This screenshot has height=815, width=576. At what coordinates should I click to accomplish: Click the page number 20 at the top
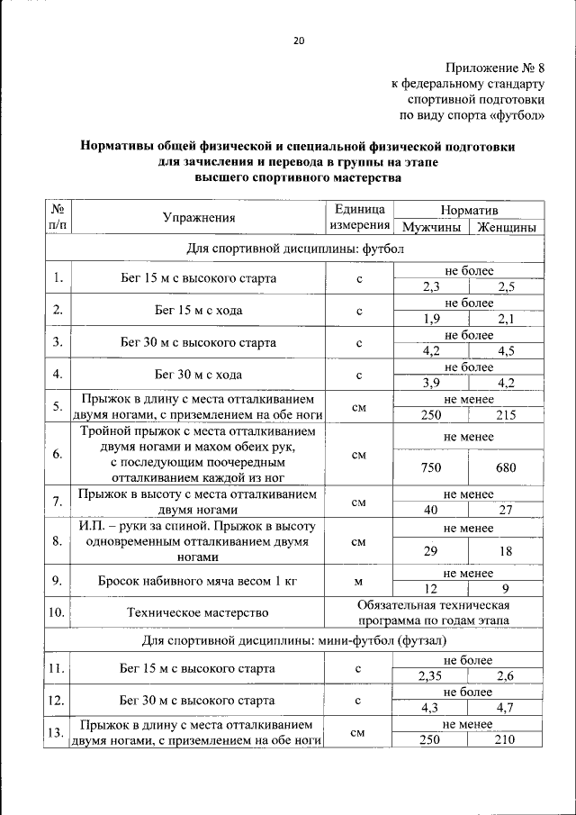coord(299,41)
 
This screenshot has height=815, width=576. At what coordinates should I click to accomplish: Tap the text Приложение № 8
coord(495,68)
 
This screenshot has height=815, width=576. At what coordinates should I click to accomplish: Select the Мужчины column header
coord(433,227)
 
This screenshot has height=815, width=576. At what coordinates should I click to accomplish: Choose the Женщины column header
coord(508,227)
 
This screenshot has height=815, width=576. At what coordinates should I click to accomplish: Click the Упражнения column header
coord(199,217)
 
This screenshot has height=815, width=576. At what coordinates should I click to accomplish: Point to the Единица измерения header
coord(359,217)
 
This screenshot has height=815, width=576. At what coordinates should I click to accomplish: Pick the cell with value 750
coord(433,467)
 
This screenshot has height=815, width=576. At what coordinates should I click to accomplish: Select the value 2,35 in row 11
coord(433,676)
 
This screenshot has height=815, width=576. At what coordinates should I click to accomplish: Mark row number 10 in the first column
coord(56,612)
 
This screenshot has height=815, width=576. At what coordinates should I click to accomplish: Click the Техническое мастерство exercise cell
coord(198,612)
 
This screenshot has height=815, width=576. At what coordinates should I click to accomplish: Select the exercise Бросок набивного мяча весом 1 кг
coord(198,581)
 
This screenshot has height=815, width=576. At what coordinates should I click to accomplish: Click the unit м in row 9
coord(359,581)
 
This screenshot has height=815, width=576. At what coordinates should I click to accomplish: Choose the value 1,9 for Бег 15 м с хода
coord(433,318)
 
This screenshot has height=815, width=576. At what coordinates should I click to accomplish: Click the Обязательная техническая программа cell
coord(432,612)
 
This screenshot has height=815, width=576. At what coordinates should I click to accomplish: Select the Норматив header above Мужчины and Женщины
coord(469,208)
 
